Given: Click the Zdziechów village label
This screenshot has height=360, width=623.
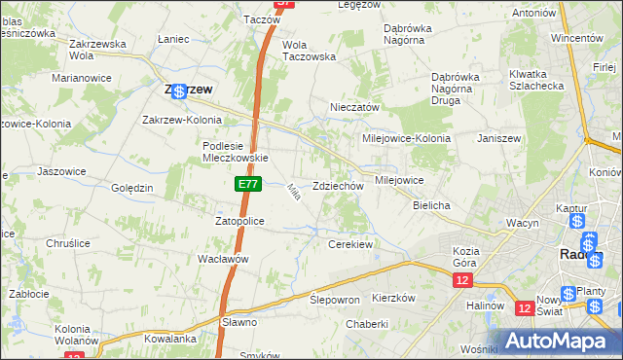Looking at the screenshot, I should pyautogui.click(x=338, y=186).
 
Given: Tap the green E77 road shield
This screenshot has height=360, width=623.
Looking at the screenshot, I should pyautogui.click(x=247, y=183).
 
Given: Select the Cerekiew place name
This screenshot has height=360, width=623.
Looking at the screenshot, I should pyautogui.click(x=351, y=244).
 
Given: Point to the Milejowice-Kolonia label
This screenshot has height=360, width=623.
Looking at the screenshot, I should pyautogui.click(x=406, y=138).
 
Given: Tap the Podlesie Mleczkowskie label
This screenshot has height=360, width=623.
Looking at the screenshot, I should pyautogui.click(x=235, y=152).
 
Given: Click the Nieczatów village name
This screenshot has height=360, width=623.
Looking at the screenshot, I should pyautogui.click(x=354, y=108).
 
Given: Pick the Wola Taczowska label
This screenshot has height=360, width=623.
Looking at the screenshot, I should pyautogui.click(x=309, y=51).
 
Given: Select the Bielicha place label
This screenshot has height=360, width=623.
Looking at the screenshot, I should pyautogui.click(x=431, y=206).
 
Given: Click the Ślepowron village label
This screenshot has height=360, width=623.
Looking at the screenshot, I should pyautogui.click(x=335, y=300).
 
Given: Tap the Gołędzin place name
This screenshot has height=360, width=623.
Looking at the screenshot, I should pyautogui.click(x=132, y=188).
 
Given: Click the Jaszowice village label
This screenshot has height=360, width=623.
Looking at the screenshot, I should pyautogui.click(x=56, y=170).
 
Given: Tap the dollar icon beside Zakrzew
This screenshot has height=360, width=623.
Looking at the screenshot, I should pyautogui.click(x=178, y=90).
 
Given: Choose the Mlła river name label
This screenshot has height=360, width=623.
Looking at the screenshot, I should pyautogui.click(x=291, y=193).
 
